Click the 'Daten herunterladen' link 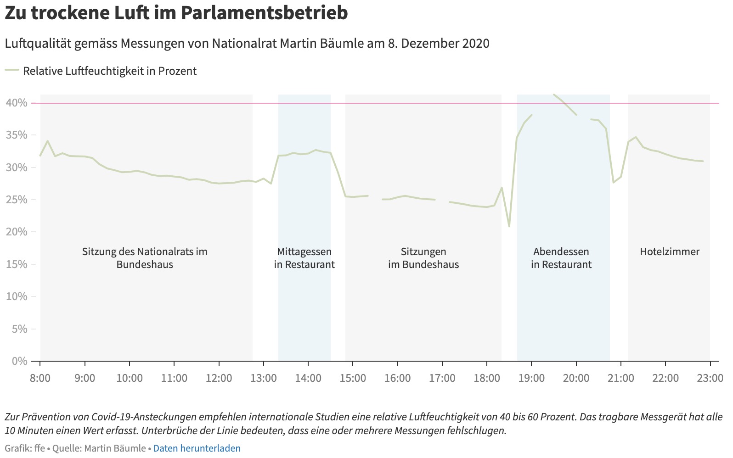(197, 448)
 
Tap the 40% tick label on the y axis (17, 103)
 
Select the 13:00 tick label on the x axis (264, 378)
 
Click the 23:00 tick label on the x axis (710, 378)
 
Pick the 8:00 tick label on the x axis (40, 378)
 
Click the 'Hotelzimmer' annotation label (669, 251)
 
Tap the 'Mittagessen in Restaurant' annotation (304, 258)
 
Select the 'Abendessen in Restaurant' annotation (561, 258)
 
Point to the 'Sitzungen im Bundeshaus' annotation (423, 258)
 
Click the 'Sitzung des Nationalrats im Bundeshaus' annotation (145, 258)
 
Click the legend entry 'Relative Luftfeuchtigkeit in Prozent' (110, 71)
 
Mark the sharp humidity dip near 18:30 (509, 226)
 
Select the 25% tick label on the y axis (17, 200)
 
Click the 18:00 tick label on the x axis (487, 378)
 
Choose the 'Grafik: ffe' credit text (25, 448)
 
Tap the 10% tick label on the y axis (17, 296)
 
